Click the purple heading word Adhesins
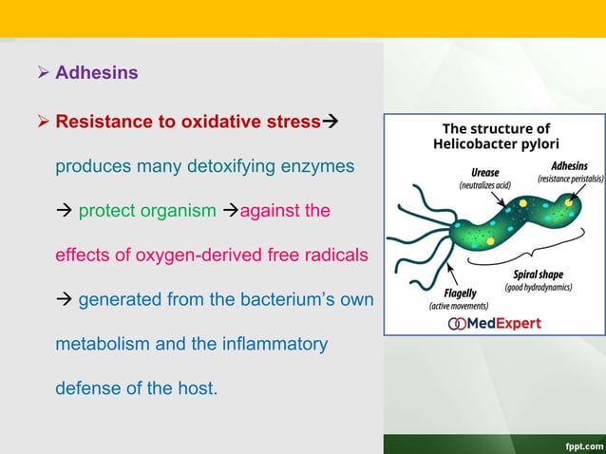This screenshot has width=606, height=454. pos(96,73)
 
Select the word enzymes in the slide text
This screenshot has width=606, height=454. pos(319,166)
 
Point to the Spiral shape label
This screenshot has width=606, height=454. pos(537,274)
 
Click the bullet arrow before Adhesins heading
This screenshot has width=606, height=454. pos(43,73)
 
